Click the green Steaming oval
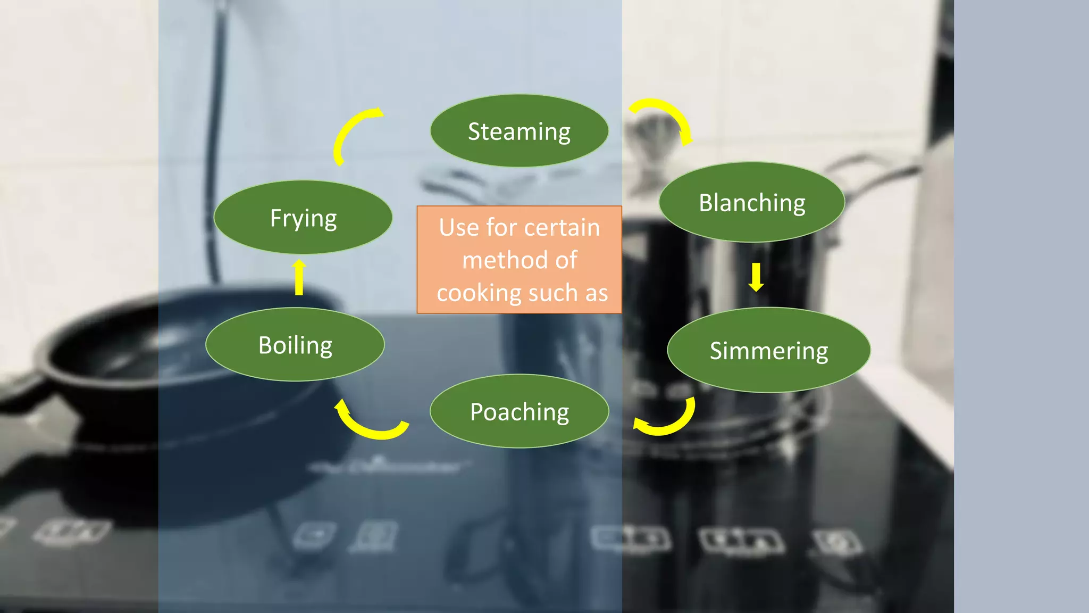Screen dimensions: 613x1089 [519, 131]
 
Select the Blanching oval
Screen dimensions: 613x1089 [752, 203]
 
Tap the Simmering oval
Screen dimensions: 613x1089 [769, 351]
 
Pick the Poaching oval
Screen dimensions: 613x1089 [520, 411]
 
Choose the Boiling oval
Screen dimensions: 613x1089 [295, 345]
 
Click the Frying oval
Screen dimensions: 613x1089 [303, 218]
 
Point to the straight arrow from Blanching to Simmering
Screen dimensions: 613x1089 [756, 277]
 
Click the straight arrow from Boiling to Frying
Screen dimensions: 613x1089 [299, 277]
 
